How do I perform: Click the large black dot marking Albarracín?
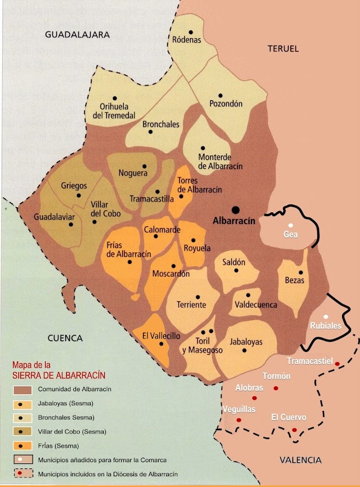point(236,208)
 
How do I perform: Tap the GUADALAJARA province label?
point(76,34)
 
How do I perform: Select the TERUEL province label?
point(283,48)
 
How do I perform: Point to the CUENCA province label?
point(65,338)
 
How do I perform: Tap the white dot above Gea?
point(291,225)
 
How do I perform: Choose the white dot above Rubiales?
point(326,316)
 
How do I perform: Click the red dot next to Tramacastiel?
point(337,364)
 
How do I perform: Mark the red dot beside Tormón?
point(276,388)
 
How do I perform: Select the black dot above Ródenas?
point(191,32)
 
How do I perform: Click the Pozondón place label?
point(226,104)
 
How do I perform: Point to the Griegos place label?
point(74,185)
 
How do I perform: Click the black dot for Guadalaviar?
point(71,224)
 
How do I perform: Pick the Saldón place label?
point(234,262)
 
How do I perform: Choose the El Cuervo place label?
point(289,417)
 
